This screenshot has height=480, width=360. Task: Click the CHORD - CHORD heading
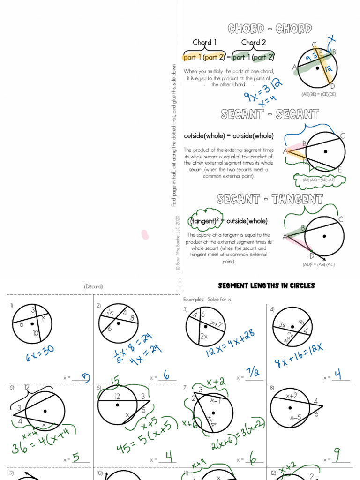point(270,29)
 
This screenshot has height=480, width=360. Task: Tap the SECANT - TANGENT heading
point(270,199)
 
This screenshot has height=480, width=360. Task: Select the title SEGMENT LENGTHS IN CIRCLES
point(266,285)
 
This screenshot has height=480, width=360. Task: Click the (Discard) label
point(93,286)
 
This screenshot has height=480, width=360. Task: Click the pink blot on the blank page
point(145,234)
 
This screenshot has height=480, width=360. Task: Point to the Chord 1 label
point(205,42)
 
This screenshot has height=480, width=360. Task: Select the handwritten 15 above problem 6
point(114,380)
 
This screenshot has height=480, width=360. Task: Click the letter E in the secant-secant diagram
point(340,169)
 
